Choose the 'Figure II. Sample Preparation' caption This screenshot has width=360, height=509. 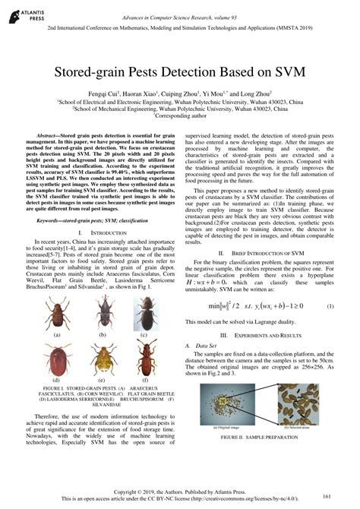coord(262,438)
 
